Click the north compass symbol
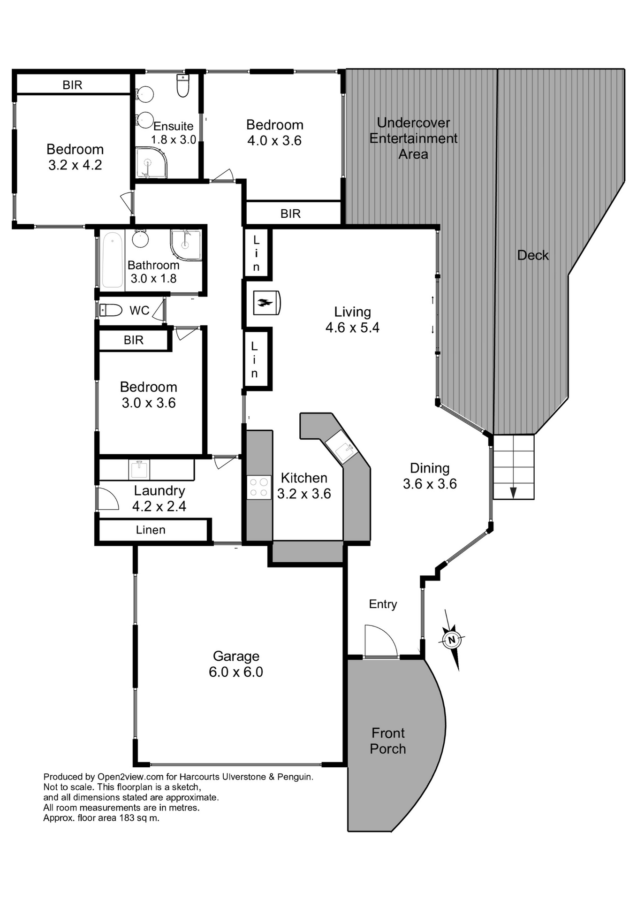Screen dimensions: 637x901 click(451, 640)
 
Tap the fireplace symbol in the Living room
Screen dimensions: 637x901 click(266, 303)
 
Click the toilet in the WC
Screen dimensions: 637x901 click(111, 310)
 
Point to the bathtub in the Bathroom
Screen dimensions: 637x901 click(113, 260)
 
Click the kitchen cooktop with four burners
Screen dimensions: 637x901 click(259, 487)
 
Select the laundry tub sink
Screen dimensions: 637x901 click(139, 469)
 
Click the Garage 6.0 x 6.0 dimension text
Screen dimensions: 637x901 click(236, 672)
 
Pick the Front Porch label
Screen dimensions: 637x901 click(388, 741)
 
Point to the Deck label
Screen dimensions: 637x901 click(533, 255)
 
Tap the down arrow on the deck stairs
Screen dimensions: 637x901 click(513, 492)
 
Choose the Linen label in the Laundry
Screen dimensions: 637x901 click(151, 530)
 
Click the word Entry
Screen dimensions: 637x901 click(383, 604)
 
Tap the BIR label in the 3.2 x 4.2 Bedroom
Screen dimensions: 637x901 click(72, 85)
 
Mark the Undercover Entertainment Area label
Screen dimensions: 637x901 click(413, 138)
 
